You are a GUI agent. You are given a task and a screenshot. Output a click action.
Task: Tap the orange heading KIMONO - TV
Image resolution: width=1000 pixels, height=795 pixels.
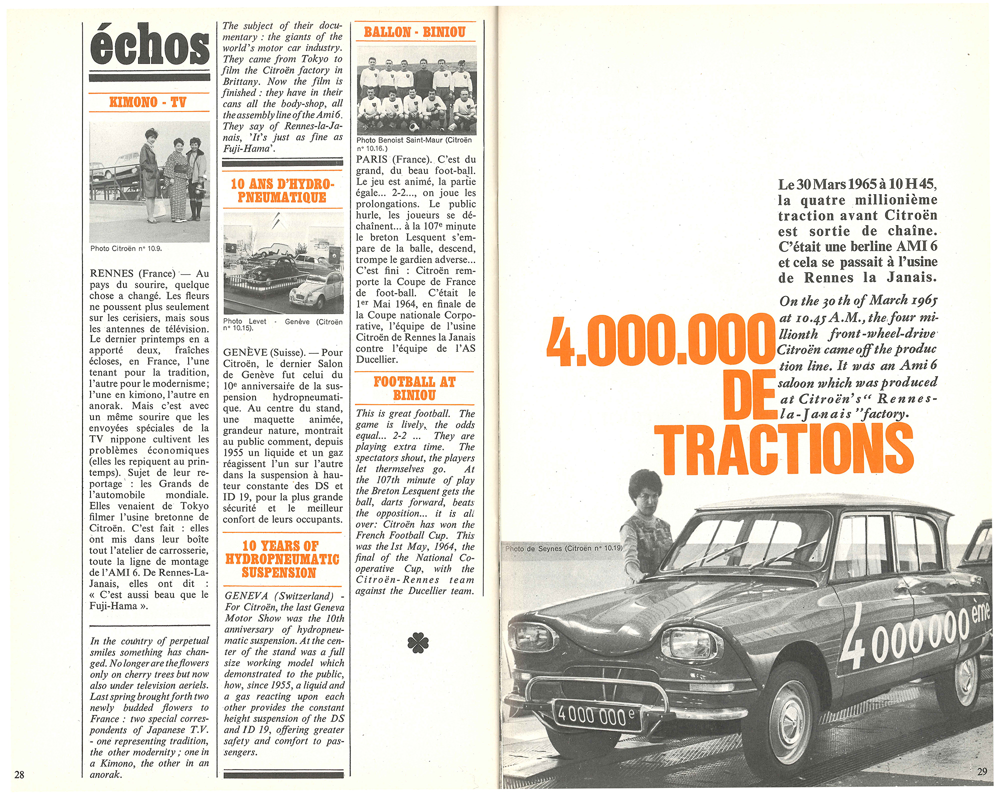click(147, 103)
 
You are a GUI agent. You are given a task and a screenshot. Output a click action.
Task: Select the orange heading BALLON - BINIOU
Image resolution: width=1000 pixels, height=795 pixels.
click(414, 33)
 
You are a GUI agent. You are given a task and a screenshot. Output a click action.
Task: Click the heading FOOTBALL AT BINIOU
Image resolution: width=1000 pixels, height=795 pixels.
click(414, 388)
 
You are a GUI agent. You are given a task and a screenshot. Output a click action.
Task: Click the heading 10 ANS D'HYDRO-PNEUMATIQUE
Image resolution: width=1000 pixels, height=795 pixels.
click(282, 191)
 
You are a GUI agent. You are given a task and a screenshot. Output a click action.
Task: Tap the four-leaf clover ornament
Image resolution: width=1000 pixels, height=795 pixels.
click(418, 643)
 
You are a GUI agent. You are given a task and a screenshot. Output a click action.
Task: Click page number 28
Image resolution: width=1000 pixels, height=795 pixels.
click(19, 775)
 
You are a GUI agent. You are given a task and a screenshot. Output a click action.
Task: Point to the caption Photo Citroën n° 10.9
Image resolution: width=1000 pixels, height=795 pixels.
click(126, 249)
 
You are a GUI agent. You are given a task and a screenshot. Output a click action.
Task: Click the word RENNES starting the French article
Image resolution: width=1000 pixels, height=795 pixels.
click(111, 274)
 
